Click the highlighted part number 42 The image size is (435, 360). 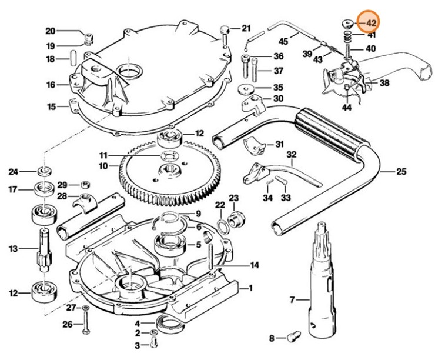click(371, 22)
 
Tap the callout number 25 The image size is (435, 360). click(401, 172)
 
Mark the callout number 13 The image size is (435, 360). click(13, 249)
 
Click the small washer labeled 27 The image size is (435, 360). click(86, 308)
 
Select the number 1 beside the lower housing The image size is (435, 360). click(250, 288)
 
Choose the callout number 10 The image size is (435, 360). click(103, 166)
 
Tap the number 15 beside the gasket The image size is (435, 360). click(52, 106)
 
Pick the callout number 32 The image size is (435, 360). click(291, 155)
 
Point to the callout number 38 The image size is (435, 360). click(384, 83)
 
